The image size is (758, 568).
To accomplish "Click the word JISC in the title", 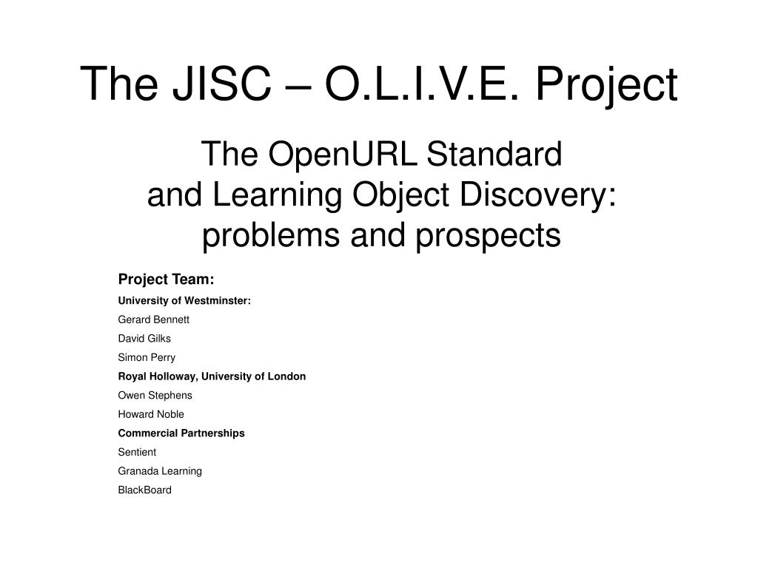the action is (222, 84).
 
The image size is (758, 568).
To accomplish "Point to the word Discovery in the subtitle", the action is (537, 195).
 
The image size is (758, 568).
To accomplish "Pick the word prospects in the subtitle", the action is (489, 236).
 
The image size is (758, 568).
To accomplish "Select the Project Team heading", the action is (167, 280).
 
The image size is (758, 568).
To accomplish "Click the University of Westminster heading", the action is (184, 300).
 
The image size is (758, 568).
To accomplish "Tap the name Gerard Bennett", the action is (154, 319).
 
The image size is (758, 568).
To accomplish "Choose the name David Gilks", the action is (144, 339).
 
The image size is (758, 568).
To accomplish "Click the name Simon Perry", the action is (147, 358).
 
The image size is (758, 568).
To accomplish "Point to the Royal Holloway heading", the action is (212, 376).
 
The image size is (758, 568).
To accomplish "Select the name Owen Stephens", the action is (155, 395).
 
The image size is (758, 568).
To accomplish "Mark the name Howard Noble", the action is (151, 414).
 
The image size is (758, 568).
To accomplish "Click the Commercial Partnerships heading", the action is (181, 433).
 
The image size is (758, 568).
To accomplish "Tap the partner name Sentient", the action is (137, 452).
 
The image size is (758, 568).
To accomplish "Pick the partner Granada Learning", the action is (160, 471).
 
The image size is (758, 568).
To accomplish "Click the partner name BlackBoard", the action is (145, 490).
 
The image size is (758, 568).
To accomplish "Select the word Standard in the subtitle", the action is (494, 154).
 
